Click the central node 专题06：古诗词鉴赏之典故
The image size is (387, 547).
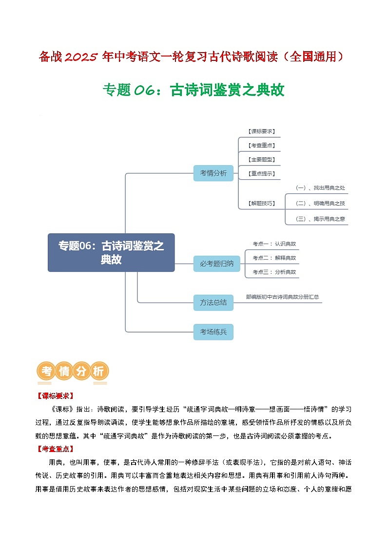point(111,252)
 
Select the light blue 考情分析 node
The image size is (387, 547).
point(213,173)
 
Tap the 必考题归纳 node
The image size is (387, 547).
point(213,264)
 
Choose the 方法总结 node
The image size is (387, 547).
point(213,302)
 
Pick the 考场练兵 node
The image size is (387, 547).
point(213,332)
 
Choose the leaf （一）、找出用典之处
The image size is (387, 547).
point(320,188)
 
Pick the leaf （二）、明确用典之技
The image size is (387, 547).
point(320,203)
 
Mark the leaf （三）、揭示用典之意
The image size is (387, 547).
point(320,219)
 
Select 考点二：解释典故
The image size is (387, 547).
point(274,258)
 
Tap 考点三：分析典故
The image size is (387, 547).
point(274,272)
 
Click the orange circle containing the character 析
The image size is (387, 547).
point(98,371)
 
